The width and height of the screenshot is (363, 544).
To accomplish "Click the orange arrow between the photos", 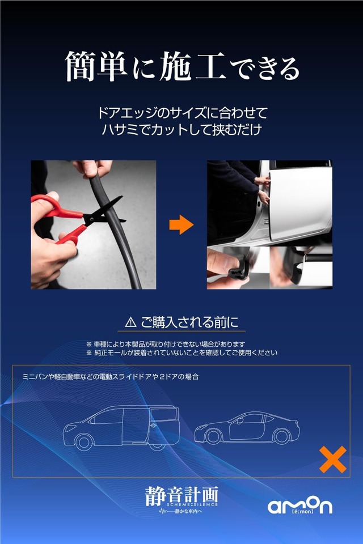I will (x=181, y=225).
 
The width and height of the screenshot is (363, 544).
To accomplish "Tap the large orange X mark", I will (x=332, y=459).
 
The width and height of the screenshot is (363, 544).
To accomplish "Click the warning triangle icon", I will (x=130, y=322).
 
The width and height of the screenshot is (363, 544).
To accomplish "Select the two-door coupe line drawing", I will (x=247, y=429).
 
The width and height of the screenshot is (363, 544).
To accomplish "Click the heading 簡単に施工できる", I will (x=181, y=67).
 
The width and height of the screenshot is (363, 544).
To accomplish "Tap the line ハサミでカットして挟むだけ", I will (x=181, y=129).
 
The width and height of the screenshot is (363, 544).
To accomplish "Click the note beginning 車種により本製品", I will (x=166, y=344).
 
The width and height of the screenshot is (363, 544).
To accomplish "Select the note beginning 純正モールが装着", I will (x=181, y=352).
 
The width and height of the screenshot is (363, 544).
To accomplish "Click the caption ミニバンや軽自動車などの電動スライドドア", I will (x=111, y=376).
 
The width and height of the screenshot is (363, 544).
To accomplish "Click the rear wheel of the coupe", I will (x=281, y=437).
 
